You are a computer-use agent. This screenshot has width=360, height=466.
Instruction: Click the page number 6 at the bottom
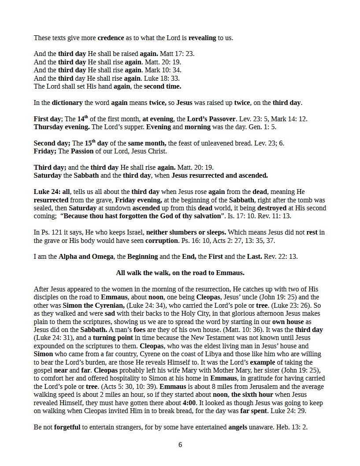[x=180, y=445]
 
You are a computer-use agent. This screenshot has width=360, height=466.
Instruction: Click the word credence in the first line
[x=111, y=38]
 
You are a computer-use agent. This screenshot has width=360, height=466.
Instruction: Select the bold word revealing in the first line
[x=202, y=38]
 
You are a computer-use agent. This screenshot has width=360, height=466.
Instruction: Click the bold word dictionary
[x=67, y=103]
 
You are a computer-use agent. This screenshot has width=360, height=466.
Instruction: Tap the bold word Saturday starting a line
[x=48, y=175]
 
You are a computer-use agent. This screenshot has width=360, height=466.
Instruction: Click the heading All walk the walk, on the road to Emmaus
[x=180, y=273]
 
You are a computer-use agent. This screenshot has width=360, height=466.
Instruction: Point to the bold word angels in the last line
[x=241, y=427]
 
